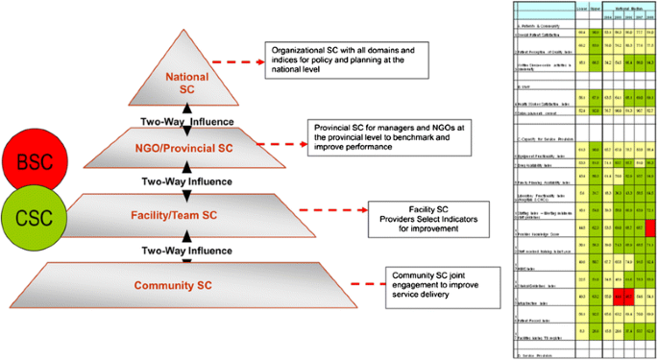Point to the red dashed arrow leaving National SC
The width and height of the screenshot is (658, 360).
click(242, 63)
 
